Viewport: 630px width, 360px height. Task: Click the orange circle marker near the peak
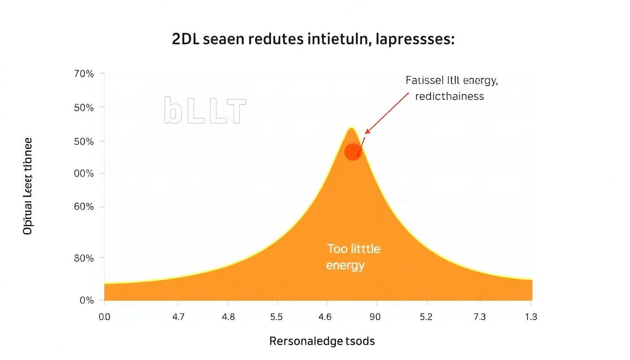(353, 152)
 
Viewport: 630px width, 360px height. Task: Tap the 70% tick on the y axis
(84, 74)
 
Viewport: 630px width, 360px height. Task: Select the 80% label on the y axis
(84, 258)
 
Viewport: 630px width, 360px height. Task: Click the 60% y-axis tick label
(84, 207)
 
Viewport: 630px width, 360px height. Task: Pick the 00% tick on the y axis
(84, 173)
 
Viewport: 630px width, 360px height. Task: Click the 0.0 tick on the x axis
(105, 317)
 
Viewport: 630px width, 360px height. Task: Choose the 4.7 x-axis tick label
(178, 317)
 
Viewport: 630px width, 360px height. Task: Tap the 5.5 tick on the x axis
(276, 317)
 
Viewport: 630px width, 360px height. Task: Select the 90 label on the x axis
(375, 317)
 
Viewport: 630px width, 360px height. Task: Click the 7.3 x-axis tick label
(480, 317)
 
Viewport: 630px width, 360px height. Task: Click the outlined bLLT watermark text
(205, 111)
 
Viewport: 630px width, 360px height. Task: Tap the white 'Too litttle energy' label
(353, 257)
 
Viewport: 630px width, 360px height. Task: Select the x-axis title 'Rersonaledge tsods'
(322, 341)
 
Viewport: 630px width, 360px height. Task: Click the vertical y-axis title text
(28, 186)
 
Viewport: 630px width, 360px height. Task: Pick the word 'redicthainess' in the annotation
(449, 96)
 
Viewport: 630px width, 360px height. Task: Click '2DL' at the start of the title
(185, 40)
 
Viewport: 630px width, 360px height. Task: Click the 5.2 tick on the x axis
(426, 317)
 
